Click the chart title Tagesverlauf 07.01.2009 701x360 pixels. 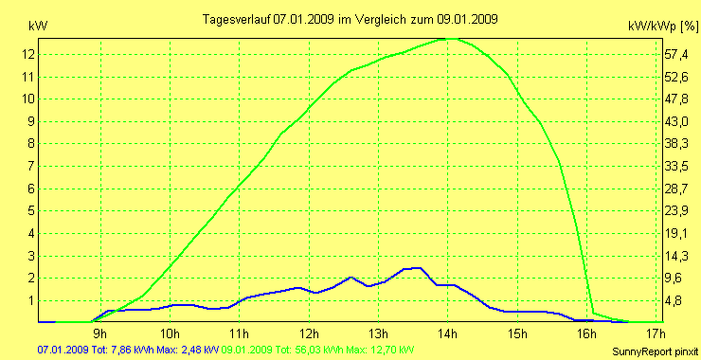(x=351, y=19)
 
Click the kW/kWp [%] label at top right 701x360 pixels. (x=662, y=27)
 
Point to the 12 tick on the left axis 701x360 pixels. (x=28, y=54)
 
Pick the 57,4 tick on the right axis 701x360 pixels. (x=674, y=54)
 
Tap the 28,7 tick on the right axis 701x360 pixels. (x=674, y=189)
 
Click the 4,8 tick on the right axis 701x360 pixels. (x=674, y=301)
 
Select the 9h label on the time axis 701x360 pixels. (x=99, y=333)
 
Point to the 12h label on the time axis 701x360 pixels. (x=309, y=333)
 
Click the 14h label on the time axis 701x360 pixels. (x=448, y=333)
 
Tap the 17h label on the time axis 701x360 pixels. (x=656, y=333)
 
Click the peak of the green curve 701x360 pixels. (x=448, y=38)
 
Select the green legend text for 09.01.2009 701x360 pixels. (x=318, y=351)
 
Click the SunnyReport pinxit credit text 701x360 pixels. (x=656, y=351)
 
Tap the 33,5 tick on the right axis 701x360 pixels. (x=674, y=166)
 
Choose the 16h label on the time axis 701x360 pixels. (x=587, y=333)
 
